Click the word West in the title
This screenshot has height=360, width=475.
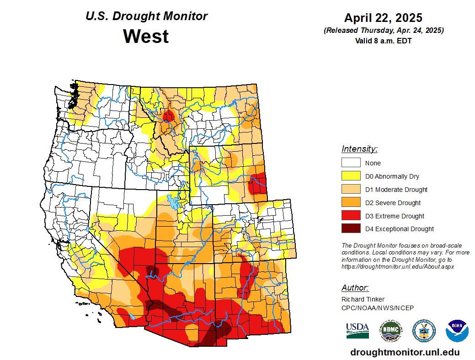[x=146, y=36]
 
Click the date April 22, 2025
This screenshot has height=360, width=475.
[x=383, y=18]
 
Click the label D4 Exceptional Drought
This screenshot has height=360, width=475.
[x=399, y=229]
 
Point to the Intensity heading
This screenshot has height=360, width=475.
[x=359, y=149]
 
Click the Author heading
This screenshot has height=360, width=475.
[x=355, y=288]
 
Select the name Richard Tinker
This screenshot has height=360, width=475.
[x=363, y=299]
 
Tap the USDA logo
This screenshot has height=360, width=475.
[x=358, y=330]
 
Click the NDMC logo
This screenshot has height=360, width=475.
[x=391, y=330]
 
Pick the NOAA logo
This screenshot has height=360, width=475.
[x=457, y=330]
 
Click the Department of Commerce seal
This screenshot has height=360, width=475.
[x=424, y=330]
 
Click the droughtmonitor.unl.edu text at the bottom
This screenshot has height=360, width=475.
[x=405, y=352]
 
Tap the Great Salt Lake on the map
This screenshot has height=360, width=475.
[x=173, y=201]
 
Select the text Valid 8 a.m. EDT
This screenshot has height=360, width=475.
[x=383, y=41]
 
